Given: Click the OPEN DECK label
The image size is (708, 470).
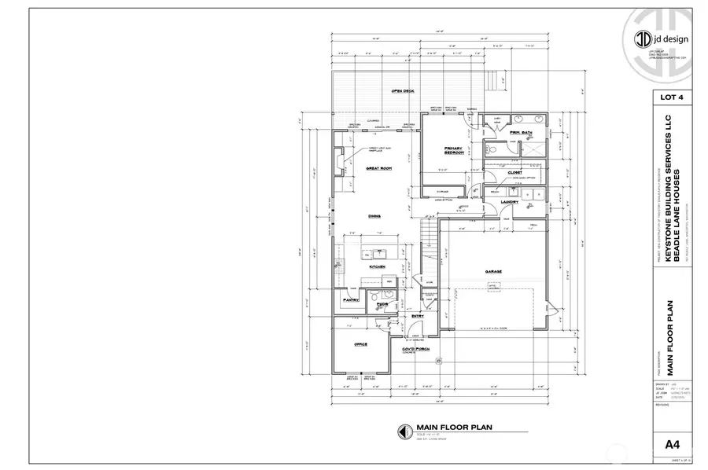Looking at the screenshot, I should point(403,91).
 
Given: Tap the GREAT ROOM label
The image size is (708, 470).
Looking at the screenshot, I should point(378,168).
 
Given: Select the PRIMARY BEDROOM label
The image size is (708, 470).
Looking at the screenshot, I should point(453,150).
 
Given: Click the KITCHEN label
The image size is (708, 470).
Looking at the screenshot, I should point(377,267).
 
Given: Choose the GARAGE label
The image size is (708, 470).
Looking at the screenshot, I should point(493,271).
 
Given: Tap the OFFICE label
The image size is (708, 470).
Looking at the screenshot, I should point(360,344).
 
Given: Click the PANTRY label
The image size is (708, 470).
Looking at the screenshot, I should point(351,299).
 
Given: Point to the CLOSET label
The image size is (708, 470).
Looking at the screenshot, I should point(515,171).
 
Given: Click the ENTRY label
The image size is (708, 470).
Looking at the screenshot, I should point(418,316).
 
